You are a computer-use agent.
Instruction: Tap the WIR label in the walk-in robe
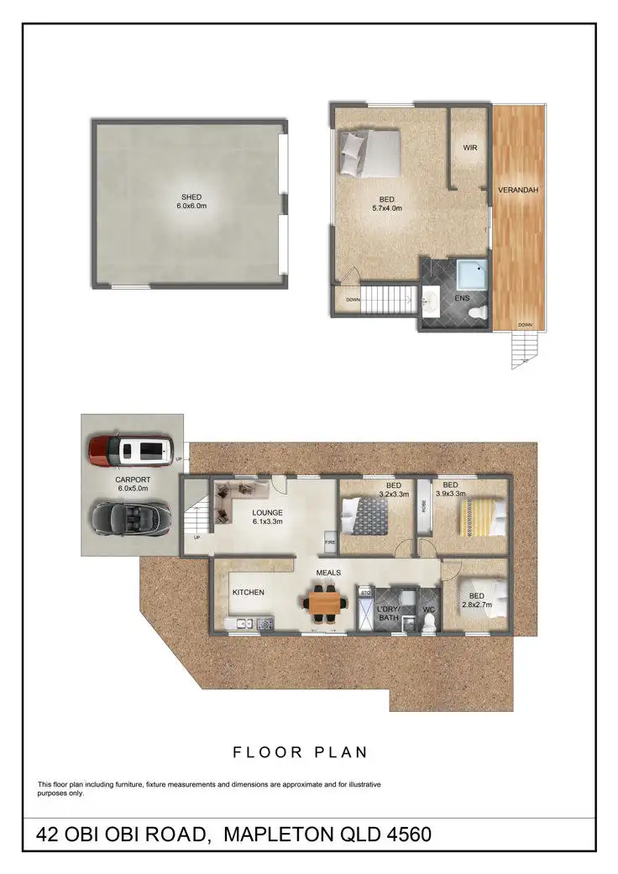(x=470, y=148)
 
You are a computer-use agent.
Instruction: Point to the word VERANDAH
(x=518, y=191)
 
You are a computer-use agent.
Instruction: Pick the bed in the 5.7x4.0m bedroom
(x=370, y=153)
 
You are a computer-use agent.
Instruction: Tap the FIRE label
(x=331, y=543)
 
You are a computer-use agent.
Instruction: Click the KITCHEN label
(x=249, y=592)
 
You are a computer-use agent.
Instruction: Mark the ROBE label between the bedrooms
(x=425, y=506)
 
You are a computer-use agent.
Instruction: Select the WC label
(x=428, y=610)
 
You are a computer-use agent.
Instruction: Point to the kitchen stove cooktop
(x=264, y=623)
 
